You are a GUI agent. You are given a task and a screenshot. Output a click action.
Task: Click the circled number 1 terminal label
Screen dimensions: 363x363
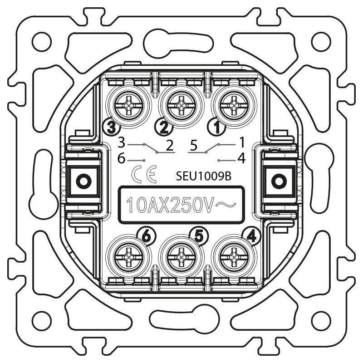[x=217, y=127]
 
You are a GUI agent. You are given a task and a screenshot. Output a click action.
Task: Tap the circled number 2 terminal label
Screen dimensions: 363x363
[x=164, y=127]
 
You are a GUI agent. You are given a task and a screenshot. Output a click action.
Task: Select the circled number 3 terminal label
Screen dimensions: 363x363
[x=112, y=127]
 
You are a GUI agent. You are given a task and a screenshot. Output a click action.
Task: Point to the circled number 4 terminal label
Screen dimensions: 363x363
[x=252, y=236]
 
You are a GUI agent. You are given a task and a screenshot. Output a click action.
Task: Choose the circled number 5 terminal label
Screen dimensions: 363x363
[x=199, y=236]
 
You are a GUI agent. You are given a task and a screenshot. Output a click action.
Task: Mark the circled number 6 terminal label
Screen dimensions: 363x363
[x=147, y=236]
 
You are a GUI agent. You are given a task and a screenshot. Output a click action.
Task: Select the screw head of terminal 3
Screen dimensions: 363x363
[x=129, y=107]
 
